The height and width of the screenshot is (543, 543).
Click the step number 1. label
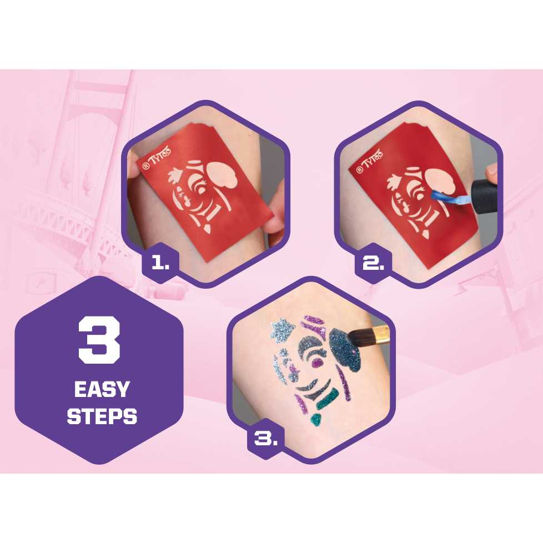click(x=160, y=264)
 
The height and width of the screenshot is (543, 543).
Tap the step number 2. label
click(x=373, y=264)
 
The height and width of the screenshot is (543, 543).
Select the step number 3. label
click(x=265, y=439)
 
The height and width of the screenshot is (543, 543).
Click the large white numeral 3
click(x=99, y=340)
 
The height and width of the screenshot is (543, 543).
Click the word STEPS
click(x=102, y=416)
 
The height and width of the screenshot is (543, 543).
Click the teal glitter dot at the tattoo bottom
click(x=316, y=420)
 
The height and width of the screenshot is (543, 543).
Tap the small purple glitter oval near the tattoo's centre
click(x=317, y=363)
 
